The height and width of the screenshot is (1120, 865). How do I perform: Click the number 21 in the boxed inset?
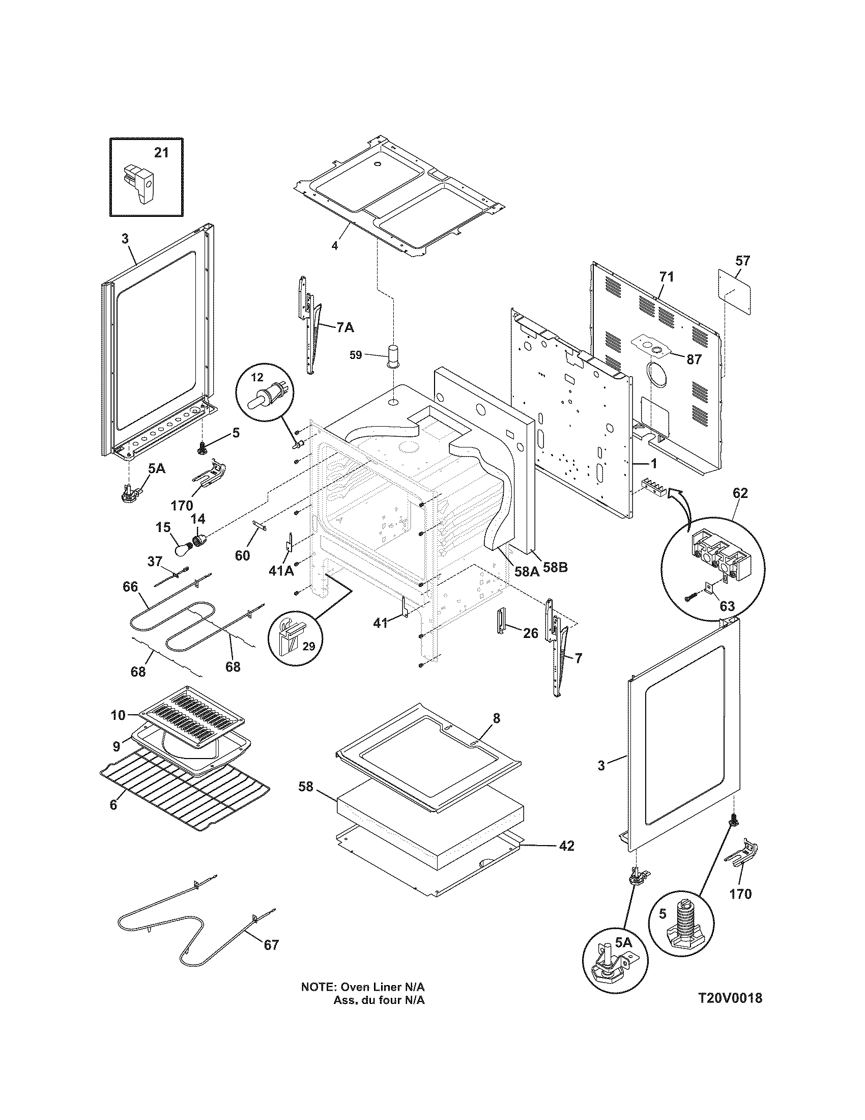(x=161, y=152)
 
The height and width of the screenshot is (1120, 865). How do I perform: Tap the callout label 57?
(x=742, y=261)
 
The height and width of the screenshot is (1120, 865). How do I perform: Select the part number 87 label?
(x=694, y=359)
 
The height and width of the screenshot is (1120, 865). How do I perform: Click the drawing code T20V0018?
(x=730, y=998)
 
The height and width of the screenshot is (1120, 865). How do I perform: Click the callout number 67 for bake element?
(x=271, y=944)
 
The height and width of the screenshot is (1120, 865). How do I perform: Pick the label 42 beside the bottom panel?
(x=566, y=846)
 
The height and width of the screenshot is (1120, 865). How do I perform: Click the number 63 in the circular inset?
(x=727, y=606)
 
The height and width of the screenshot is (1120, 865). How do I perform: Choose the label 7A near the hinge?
(x=345, y=327)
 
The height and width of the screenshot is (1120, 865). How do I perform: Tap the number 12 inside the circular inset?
(x=257, y=377)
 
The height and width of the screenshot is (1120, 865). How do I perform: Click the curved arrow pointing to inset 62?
(x=679, y=495)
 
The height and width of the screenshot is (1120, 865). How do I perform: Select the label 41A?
(x=280, y=571)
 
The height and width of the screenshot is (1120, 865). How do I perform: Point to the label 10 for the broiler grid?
(x=118, y=715)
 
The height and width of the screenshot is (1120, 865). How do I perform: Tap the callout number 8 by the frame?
(x=496, y=718)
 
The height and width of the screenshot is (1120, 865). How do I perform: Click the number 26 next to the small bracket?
(x=530, y=633)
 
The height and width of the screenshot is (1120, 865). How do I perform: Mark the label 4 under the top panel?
(x=334, y=246)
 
